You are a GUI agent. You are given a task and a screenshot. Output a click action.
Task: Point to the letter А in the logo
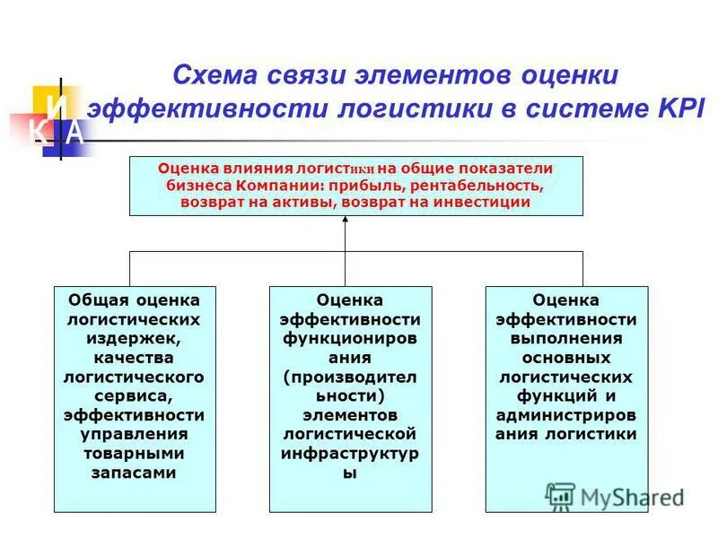75,132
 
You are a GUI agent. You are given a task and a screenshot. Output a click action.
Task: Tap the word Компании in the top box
274,185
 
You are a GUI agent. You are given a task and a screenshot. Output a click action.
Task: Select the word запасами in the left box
134,472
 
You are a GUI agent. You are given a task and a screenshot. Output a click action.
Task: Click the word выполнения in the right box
565,338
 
